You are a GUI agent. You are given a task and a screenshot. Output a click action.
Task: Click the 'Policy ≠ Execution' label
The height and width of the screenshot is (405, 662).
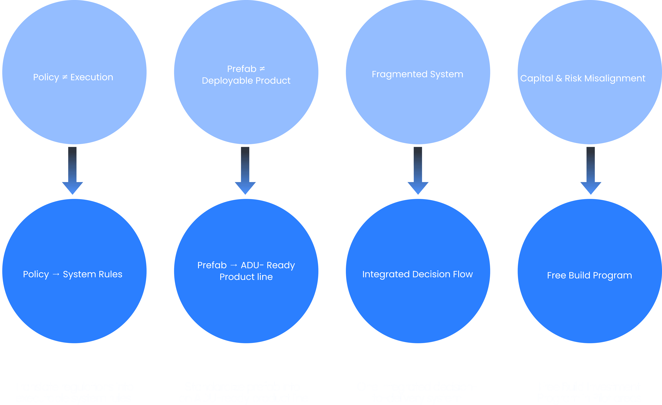[73, 77]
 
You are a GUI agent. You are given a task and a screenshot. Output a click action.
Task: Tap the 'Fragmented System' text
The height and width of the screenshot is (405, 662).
[417, 74]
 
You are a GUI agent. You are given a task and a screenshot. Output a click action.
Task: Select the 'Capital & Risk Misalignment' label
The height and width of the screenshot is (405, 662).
[582, 78]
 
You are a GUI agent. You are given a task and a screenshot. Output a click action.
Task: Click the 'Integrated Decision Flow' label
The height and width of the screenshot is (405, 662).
[417, 274]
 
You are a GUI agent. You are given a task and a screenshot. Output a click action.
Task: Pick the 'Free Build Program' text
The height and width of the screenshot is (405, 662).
[589, 275]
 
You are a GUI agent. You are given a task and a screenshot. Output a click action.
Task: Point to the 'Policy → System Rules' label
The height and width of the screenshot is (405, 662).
[73, 274]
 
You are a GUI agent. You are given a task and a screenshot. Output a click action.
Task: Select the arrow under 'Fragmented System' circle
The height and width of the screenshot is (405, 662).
[418, 171]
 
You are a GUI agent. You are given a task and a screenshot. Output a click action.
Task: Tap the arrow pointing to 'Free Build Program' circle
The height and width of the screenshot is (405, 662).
[591, 171]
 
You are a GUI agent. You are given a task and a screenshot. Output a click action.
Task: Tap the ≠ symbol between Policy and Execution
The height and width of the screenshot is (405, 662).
[65, 77]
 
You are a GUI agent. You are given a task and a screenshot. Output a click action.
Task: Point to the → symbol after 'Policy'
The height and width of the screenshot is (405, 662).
[56, 274]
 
